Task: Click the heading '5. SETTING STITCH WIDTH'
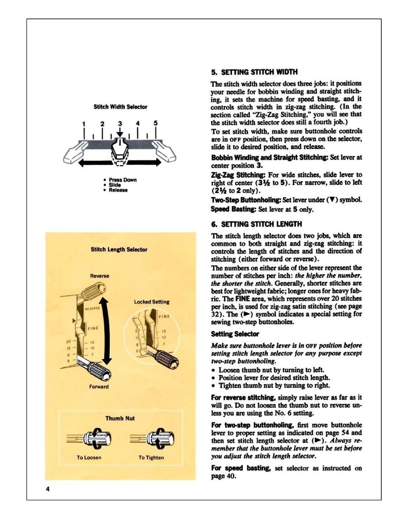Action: (254, 72)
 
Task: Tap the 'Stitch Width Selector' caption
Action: (120, 107)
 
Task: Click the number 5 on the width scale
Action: (156, 123)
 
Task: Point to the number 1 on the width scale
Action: (84, 123)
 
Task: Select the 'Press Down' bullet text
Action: (122, 180)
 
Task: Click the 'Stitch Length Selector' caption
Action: (119, 250)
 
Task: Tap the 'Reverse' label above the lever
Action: (99, 276)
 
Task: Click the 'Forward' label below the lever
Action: (99, 387)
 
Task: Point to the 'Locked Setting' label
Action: (151, 302)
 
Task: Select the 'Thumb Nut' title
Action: (120, 418)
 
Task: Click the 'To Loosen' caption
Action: (89, 458)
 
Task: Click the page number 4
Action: (47, 489)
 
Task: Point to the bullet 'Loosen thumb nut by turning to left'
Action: (271, 370)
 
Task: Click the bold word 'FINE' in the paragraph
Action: (242, 299)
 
